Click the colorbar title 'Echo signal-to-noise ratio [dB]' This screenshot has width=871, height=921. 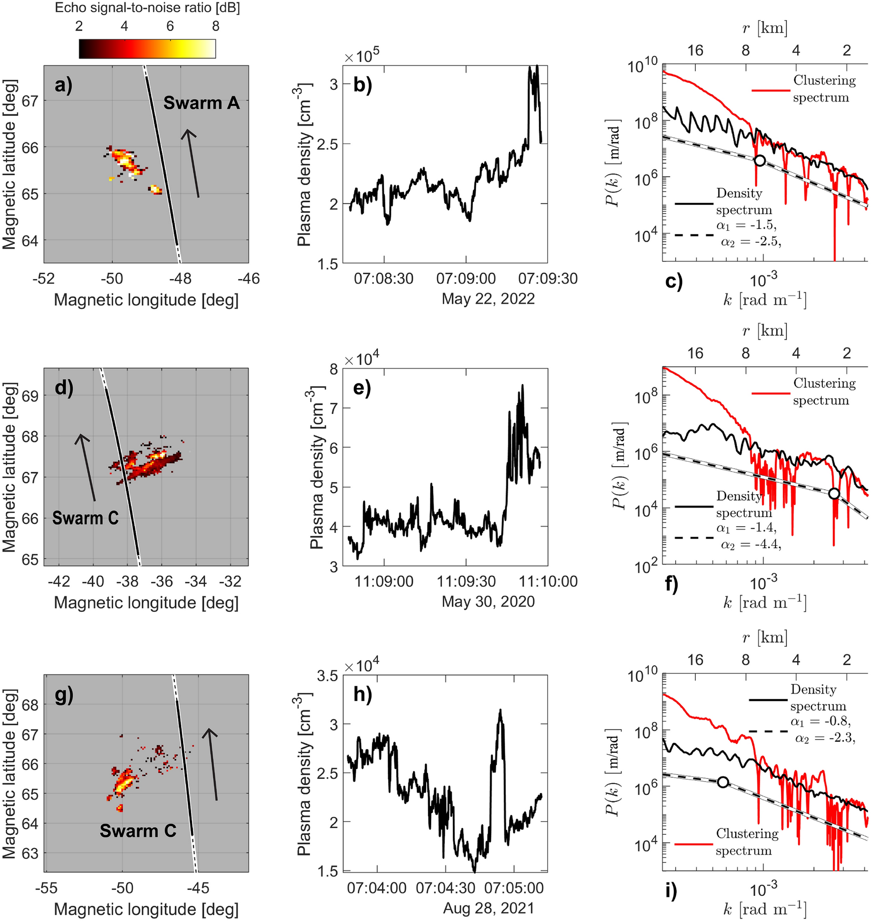pyautogui.click(x=147, y=8)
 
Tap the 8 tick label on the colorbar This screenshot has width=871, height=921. pyautogui.click(x=216, y=26)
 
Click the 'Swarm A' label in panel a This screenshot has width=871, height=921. pyautogui.click(x=201, y=103)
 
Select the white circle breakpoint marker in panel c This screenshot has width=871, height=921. pyautogui.click(x=760, y=160)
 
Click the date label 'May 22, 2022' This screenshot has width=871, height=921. pyautogui.click(x=488, y=299)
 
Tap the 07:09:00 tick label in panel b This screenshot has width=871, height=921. pyautogui.click(x=466, y=279)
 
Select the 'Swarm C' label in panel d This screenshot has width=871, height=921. pyautogui.click(x=86, y=518)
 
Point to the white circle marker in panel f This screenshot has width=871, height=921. pyautogui.click(x=834, y=493)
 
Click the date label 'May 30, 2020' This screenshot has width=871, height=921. pyautogui.click(x=488, y=602)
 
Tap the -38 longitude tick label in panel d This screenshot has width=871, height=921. pyautogui.click(x=127, y=581)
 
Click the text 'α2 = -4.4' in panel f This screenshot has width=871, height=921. pyautogui.click(x=750, y=544)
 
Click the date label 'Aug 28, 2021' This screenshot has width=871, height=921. pyautogui.click(x=488, y=908)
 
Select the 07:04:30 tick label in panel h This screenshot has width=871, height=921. pyautogui.click(x=445, y=888)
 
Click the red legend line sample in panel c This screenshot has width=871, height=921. pyautogui.click(x=771, y=90)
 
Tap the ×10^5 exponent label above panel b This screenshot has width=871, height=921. pyautogui.click(x=362, y=56)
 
